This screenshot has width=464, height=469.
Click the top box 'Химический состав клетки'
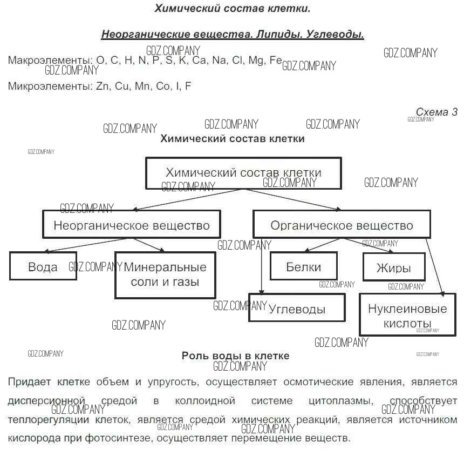click(x=243, y=173)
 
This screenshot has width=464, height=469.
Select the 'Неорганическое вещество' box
click(x=132, y=224)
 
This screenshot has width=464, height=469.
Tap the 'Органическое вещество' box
click(x=342, y=224)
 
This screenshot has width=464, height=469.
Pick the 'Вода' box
click(x=43, y=266)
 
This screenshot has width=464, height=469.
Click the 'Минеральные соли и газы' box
click(x=165, y=274)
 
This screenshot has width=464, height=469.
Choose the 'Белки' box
click(x=304, y=266)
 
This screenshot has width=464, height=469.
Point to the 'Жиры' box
click(x=394, y=267)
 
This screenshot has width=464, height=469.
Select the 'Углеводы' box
click(x=297, y=309)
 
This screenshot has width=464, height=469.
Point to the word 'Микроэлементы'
click(x=49, y=86)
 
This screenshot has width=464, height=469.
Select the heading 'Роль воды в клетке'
click(x=235, y=356)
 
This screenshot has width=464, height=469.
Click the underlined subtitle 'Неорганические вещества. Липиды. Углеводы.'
click(x=233, y=35)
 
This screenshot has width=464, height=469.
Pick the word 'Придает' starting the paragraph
click(x=24, y=382)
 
